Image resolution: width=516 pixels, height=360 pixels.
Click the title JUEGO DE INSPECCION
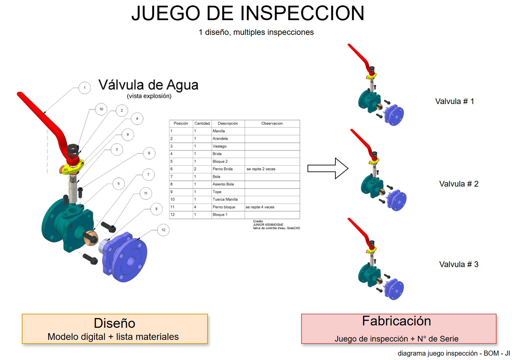click(x=248, y=13)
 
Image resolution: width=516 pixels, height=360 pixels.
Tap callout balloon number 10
click(x=101, y=109)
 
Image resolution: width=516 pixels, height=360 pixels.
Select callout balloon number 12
click(x=163, y=230)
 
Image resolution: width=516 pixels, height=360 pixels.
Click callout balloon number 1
click(x=85, y=88)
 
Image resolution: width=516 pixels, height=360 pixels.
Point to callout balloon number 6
click(x=149, y=153)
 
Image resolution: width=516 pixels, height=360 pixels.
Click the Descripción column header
click(x=228, y=123)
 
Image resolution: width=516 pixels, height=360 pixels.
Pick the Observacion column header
click(x=272, y=123)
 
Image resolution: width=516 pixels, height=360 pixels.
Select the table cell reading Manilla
click(x=219, y=131)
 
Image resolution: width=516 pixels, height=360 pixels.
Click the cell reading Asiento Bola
click(x=223, y=184)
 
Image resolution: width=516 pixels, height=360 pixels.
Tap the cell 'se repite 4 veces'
click(x=260, y=207)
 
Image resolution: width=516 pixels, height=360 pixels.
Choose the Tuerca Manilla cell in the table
click(x=225, y=199)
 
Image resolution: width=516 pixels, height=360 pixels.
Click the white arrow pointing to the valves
click(x=328, y=168)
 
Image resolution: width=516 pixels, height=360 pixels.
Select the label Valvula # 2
click(x=459, y=184)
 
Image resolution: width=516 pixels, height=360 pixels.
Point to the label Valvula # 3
click(x=459, y=264)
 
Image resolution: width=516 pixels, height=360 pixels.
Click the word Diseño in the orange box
click(x=114, y=323)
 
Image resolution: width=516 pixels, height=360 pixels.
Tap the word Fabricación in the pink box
click(x=396, y=321)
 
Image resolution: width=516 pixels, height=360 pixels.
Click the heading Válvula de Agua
click(x=148, y=85)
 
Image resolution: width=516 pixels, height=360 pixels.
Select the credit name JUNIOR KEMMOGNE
click(x=268, y=225)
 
